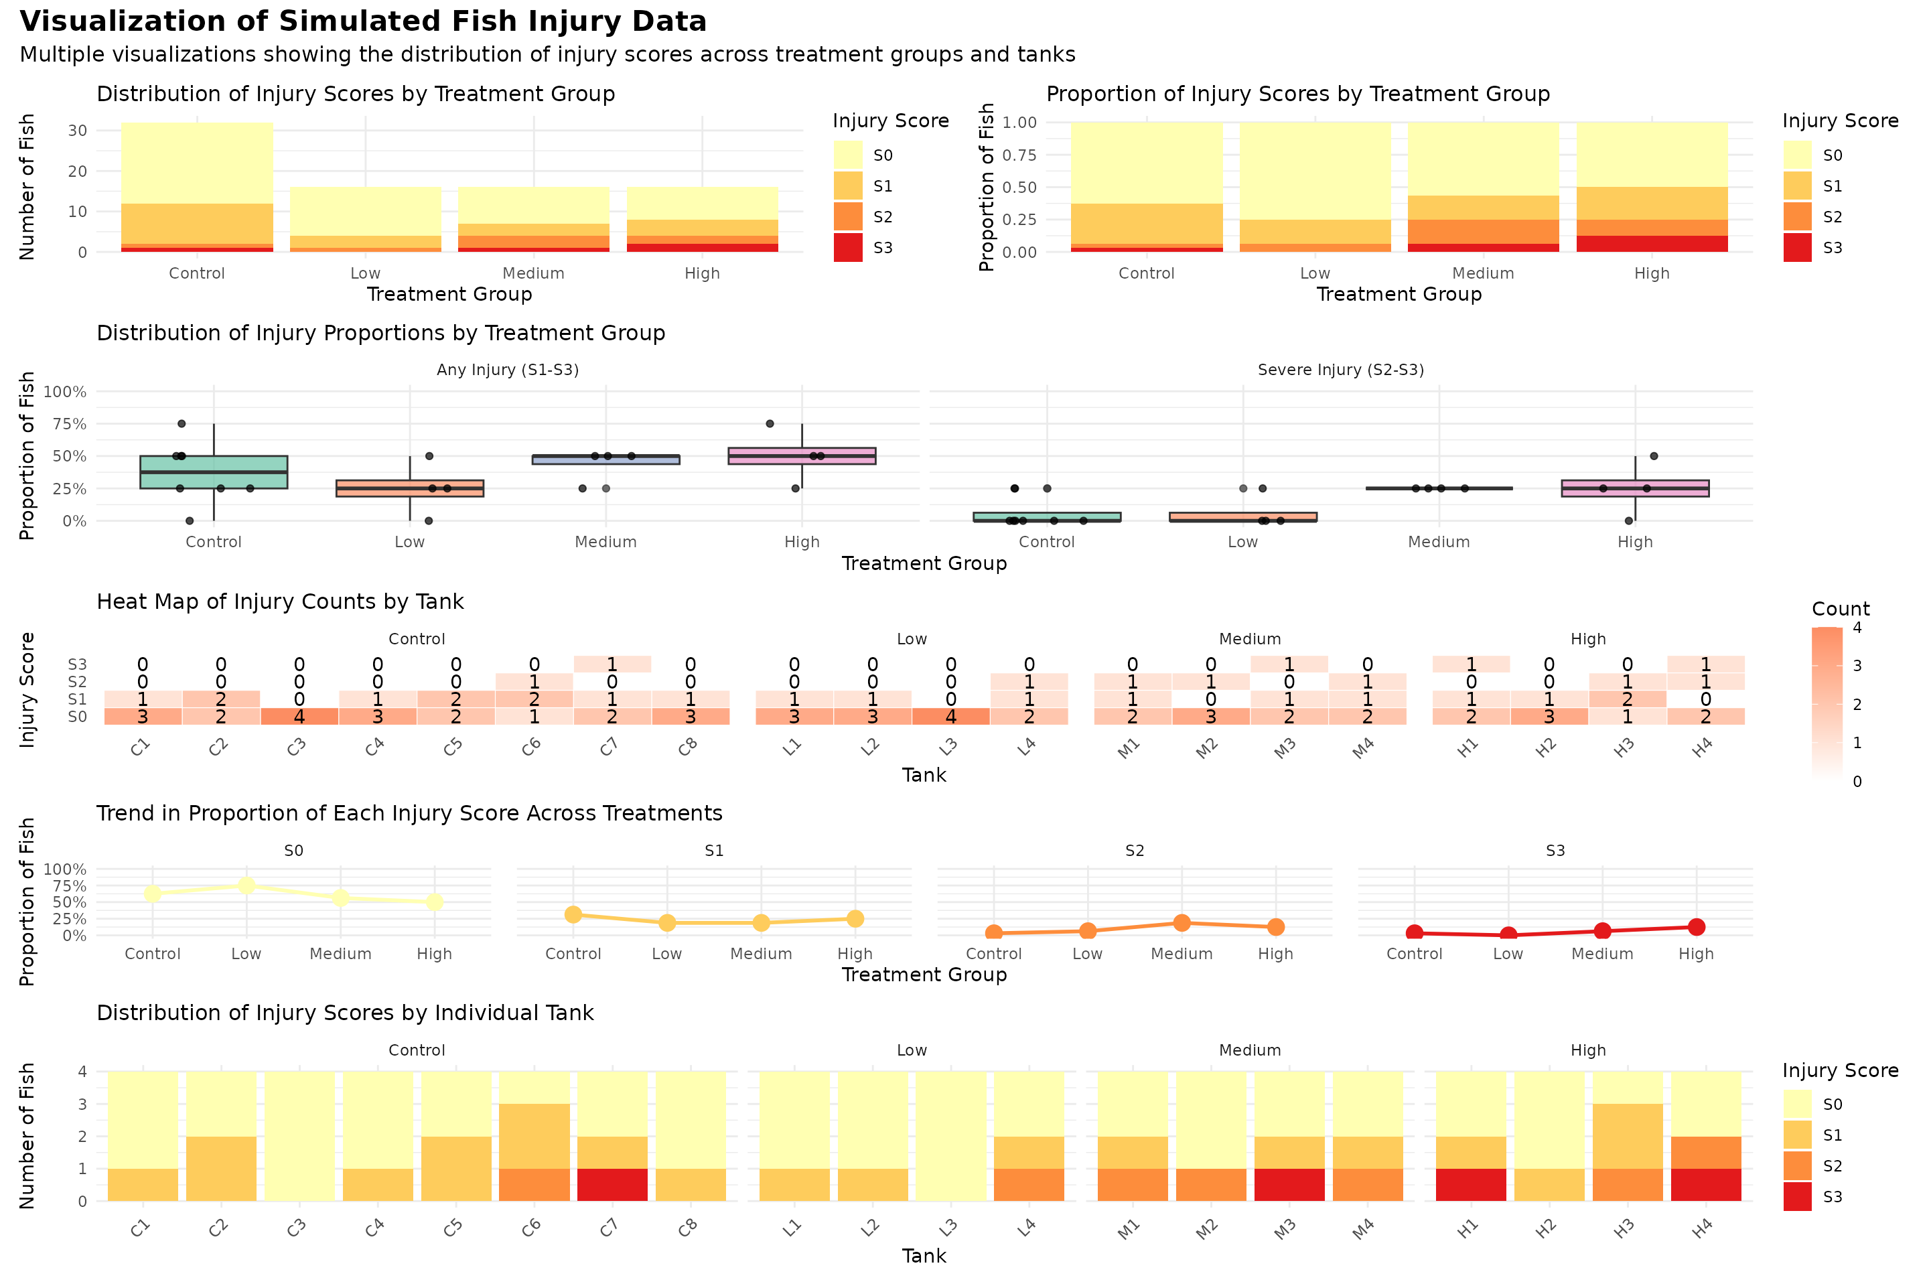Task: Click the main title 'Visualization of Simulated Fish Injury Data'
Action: (x=362, y=21)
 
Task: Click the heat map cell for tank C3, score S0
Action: (x=299, y=717)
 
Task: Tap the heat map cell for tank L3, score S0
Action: (x=950, y=717)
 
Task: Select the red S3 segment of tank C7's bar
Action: (x=612, y=1184)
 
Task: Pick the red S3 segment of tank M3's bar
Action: (x=1289, y=1184)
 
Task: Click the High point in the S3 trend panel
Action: (x=1696, y=927)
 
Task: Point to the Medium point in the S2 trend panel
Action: (x=1182, y=923)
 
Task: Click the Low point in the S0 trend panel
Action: (x=246, y=885)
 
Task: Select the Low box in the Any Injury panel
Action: (x=410, y=489)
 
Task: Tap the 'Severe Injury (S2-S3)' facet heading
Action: (x=1340, y=370)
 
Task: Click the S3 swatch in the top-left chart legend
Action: (x=848, y=248)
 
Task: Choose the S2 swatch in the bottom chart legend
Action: (x=1797, y=1165)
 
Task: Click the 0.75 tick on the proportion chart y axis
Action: (x=1020, y=155)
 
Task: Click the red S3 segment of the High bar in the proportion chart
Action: (x=1652, y=244)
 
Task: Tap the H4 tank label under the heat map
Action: (x=1703, y=748)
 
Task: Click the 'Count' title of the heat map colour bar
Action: (x=1841, y=609)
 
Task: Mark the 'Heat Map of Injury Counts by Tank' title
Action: (x=280, y=602)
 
